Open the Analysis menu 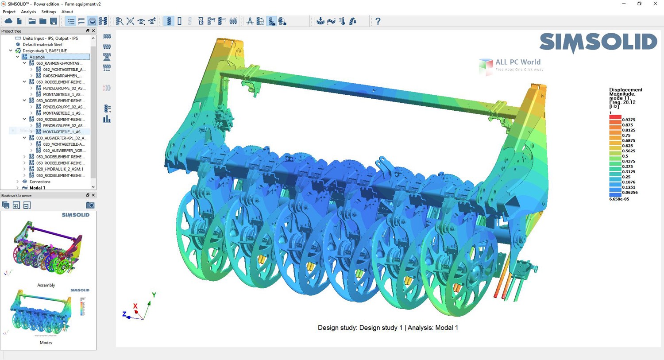click(x=28, y=12)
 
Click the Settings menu click(x=49, y=12)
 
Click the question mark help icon click(x=378, y=21)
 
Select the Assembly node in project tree click(x=37, y=57)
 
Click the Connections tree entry click(x=40, y=182)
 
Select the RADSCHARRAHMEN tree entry click(x=62, y=76)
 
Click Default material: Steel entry click(x=42, y=45)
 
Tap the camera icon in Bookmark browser click(x=90, y=205)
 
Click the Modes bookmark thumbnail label click(x=46, y=343)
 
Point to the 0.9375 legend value click(x=629, y=120)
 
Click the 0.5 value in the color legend click(x=625, y=156)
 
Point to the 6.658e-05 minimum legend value click(x=619, y=199)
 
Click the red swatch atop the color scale click(x=615, y=117)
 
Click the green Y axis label click(x=154, y=295)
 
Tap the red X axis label click(x=135, y=306)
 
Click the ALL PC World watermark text click(x=517, y=62)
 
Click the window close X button click(x=655, y=4)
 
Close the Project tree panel click(x=93, y=31)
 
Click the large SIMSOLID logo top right click(x=598, y=43)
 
